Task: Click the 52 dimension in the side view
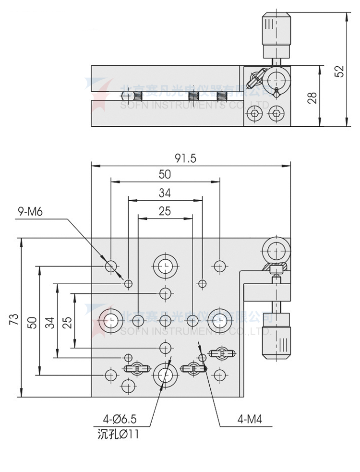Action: click(x=339, y=71)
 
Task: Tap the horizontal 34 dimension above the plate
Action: click(x=165, y=193)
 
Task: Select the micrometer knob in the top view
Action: click(x=275, y=336)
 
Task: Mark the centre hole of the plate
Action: click(x=165, y=319)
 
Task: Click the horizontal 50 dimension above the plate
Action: click(x=165, y=174)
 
